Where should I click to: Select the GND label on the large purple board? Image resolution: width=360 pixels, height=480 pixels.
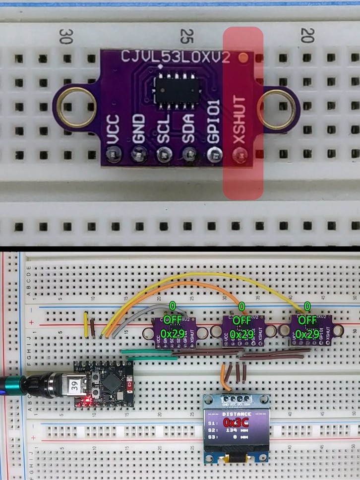point(138,130)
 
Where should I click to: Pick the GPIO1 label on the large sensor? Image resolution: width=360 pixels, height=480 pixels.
point(214,127)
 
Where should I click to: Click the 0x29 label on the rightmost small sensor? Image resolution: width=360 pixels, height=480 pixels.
point(307,334)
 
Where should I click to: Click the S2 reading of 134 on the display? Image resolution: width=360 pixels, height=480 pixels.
point(230,430)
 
